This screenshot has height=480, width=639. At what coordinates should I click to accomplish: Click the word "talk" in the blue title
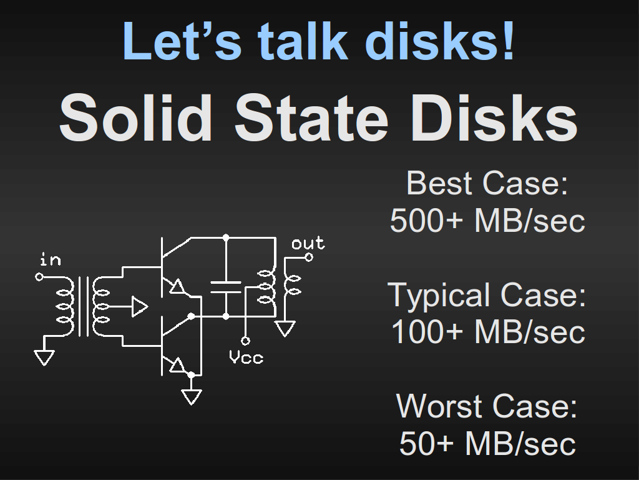pyautogui.click(x=303, y=41)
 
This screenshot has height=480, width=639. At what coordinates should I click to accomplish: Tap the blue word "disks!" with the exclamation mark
pyautogui.click(x=441, y=41)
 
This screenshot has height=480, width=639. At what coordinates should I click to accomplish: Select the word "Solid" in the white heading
pyautogui.click(x=135, y=117)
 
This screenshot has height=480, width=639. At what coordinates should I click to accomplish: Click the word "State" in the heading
pyautogui.click(x=311, y=117)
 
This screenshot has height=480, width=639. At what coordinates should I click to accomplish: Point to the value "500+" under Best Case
pyautogui.click(x=426, y=221)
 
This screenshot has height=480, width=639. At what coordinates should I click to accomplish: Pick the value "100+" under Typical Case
pyautogui.click(x=427, y=332)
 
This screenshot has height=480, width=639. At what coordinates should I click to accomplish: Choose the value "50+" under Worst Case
pyautogui.click(x=426, y=443)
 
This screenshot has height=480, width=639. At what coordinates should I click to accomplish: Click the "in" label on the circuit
pyautogui.click(x=51, y=259)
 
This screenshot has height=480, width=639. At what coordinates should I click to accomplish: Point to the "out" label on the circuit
pyautogui.click(x=308, y=243)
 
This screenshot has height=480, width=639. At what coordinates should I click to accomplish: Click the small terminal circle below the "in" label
pyautogui.click(x=39, y=277)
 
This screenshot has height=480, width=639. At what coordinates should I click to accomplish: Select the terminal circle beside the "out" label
pyautogui.click(x=309, y=257)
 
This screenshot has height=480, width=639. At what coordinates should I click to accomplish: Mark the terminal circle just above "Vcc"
pyautogui.click(x=245, y=341)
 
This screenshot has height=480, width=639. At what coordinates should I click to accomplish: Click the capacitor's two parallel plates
pyautogui.click(x=226, y=287)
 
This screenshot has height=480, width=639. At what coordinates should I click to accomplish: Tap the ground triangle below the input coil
pyautogui.click(x=44, y=357)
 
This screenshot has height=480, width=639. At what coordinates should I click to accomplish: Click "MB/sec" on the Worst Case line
pyautogui.click(x=520, y=443)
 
